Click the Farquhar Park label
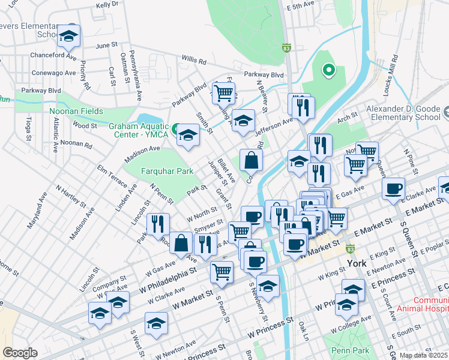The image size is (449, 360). coord(167,171)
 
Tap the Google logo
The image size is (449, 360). coord(20,353)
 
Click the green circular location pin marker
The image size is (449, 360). coord(328,71)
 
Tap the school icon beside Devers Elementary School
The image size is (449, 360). coord(69,37)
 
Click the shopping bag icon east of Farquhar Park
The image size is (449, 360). coord(251,160)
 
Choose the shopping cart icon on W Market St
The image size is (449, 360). coord(221,272)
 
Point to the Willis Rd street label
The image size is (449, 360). coord(193,61)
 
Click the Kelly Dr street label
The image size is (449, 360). coord(107,5)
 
